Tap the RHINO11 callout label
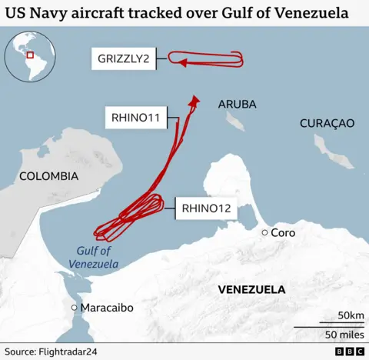pyautogui.click(x=135, y=118)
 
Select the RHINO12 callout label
pyautogui.click(x=205, y=206)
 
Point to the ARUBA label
pyautogui.click(x=237, y=104)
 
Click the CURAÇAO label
pyautogui.click(x=327, y=123)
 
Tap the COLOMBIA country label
pyautogui.click(x=49, y=176)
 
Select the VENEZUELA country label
pyautogui.click(x=251, y=290)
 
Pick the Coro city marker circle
pyautogui.click(x=264, y=232)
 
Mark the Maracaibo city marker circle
pyautogui.click(x=74, y=308)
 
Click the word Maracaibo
pyautogui.click(x=108, y=308)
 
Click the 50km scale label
pyautogui.click(x=351, y=316)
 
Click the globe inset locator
pyautogui.click(x=30, y=56)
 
